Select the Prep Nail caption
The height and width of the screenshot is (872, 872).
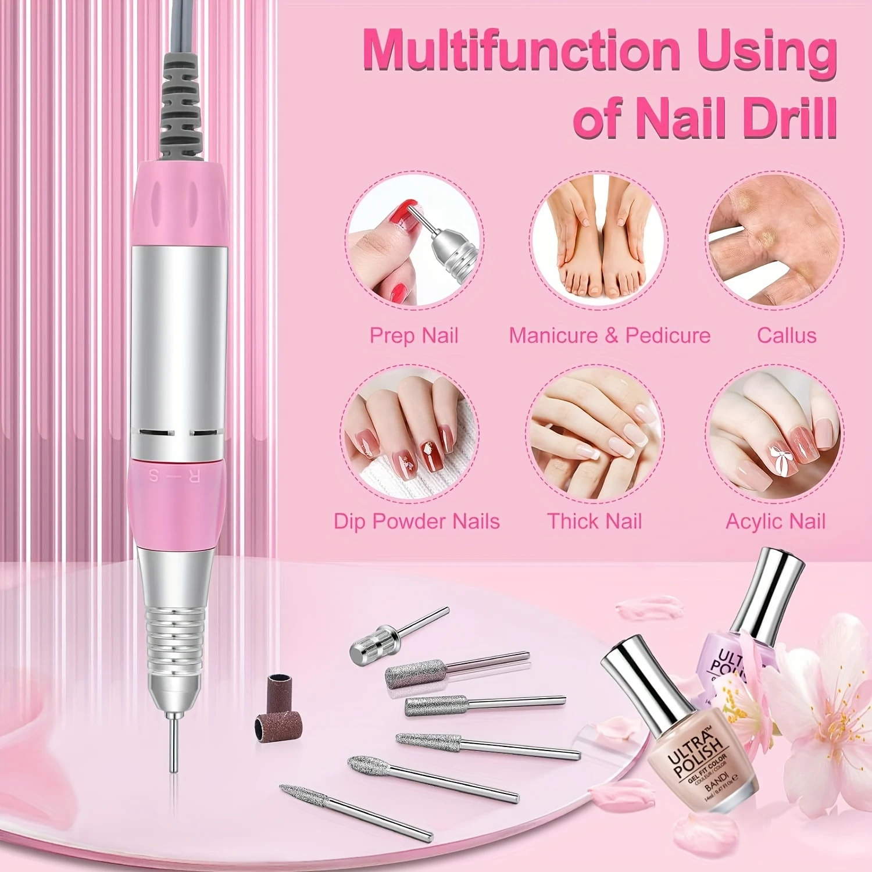click(414, 335)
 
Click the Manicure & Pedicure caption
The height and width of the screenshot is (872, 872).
click(610, 335)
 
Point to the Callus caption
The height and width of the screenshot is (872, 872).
click(787, 335)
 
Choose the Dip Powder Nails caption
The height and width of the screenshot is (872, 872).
click(416, 521)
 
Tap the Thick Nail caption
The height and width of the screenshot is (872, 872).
click(594, 521)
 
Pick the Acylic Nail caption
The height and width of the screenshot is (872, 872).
click(775, 521)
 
